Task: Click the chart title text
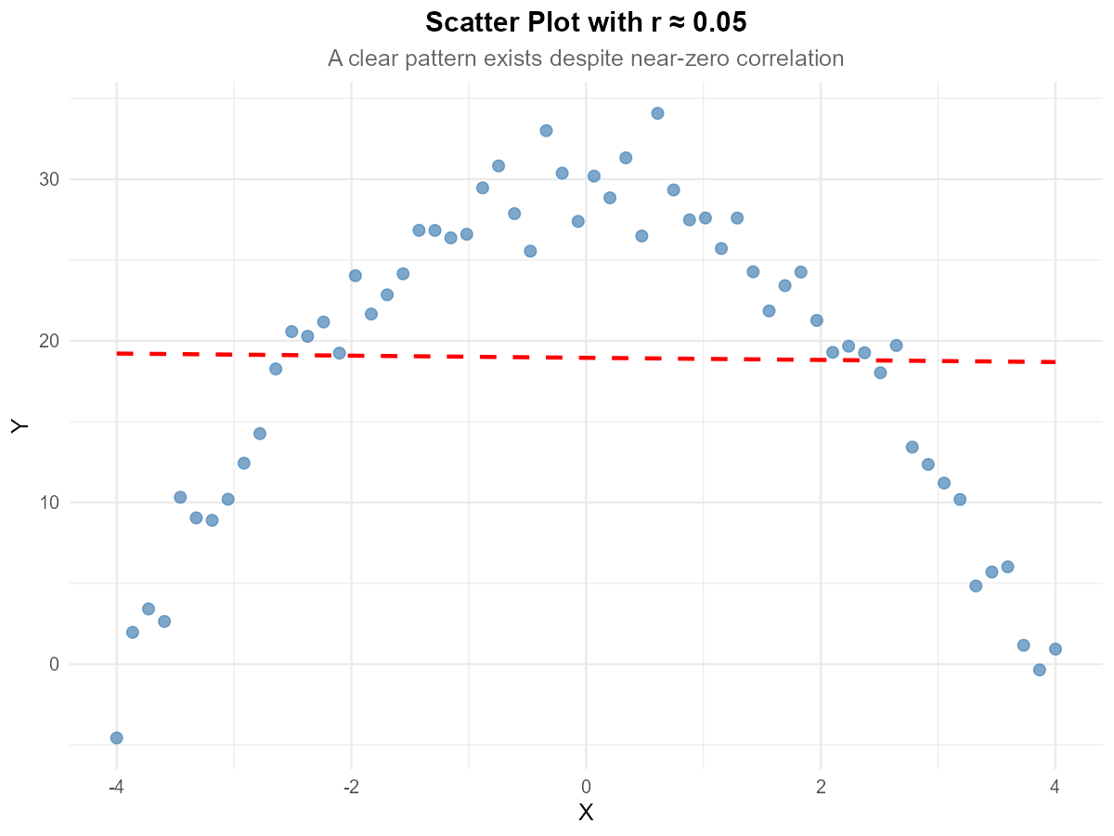(586, 59)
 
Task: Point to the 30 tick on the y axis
(49, 179)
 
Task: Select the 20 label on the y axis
(49, 341)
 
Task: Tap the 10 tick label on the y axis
(49, 503)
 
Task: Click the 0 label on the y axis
(55, 664)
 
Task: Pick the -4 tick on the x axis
(116, 787)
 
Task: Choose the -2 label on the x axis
(351, 787)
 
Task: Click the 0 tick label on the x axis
(586, 787)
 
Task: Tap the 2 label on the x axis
(821, 787)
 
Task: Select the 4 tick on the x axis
(1056, 787)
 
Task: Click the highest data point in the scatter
(657, 113)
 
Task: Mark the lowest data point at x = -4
(116, 738)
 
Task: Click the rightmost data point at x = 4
(1055, 649)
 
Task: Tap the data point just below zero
(1039, 670)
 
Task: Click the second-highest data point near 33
(546, 131)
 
